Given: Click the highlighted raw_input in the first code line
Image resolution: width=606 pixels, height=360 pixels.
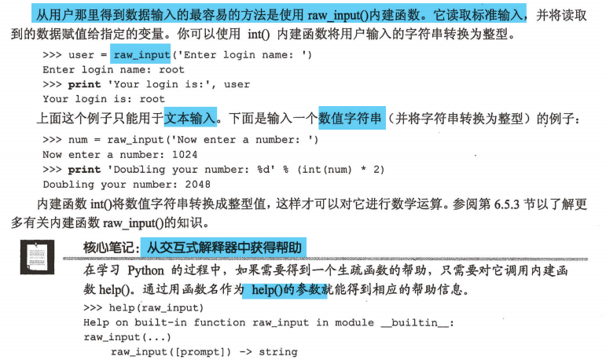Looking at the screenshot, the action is pyautogui.click(x=141, y=55).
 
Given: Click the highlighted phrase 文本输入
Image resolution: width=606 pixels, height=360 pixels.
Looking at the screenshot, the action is pyautogui.click(x=189, y=119).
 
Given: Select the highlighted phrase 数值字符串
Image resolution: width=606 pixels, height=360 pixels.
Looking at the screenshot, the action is pyautogui.click(x=351, y=119).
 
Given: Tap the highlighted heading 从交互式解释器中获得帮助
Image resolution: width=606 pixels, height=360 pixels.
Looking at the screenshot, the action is pyautogui.click(x=222, y=248).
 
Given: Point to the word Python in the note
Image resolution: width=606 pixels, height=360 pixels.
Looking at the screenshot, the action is pyautogui.click(x=145, y=270).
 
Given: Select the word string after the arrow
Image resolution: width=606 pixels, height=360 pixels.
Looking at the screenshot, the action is pyautogui.click(x=279, y=351).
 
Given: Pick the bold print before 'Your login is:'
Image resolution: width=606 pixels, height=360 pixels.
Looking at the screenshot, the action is pyautogui.click(x=85, y=84).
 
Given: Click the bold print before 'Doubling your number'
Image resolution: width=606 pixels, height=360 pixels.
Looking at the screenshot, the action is pyautogui.click(x=85, y=170).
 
